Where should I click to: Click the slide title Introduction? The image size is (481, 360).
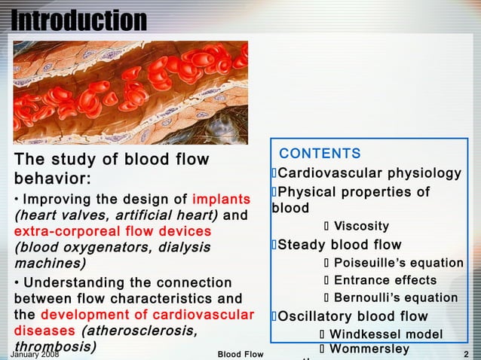coord(79,20)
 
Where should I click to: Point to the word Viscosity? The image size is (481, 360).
coord(361,227)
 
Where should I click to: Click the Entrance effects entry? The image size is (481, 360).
coord(384,281)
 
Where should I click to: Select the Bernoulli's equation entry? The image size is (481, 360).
coord(395,297)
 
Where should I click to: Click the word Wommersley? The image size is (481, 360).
coord(369,349)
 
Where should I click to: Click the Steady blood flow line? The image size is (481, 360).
coord(339,245)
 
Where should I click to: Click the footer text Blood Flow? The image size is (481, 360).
coord(240,354)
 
